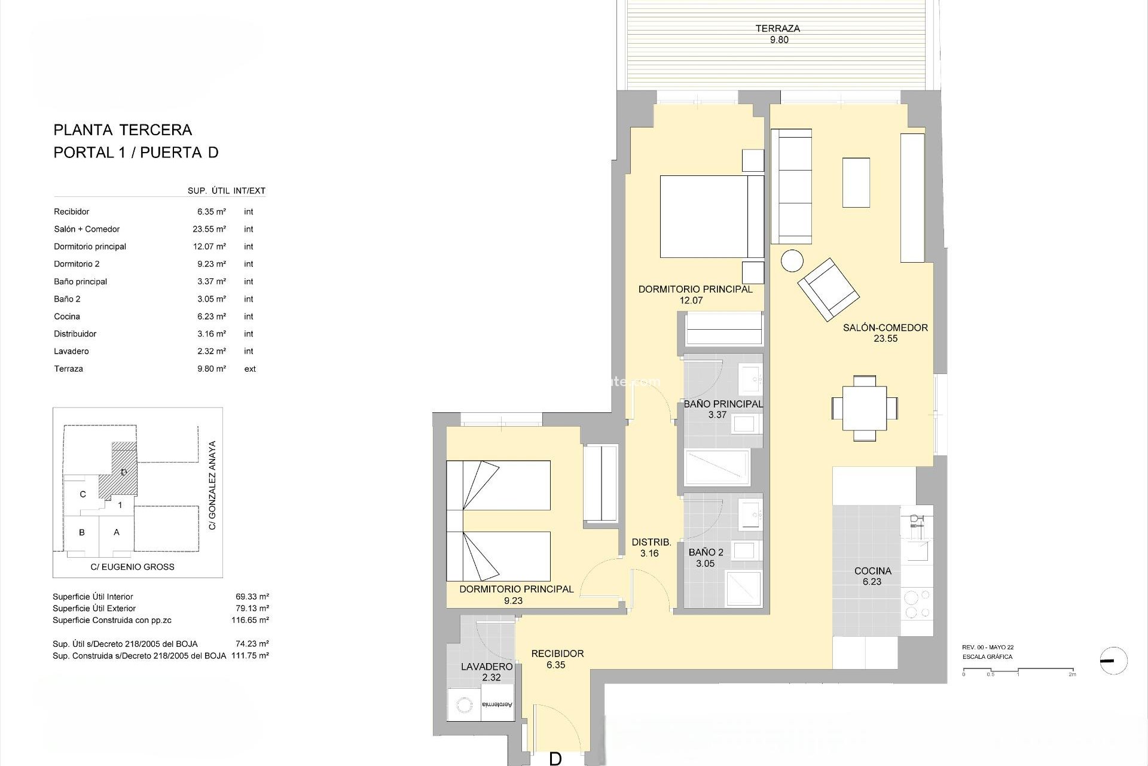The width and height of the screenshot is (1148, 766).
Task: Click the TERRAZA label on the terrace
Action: pos(777,28)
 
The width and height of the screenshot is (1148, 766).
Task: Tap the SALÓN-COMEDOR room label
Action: pos(885,327)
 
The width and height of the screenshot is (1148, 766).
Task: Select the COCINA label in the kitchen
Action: pos(872,571)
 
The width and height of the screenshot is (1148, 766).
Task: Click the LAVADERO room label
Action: pos(487,666)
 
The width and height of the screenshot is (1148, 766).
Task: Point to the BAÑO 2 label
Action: pos(706,552)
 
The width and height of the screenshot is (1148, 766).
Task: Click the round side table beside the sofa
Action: pos(792,261)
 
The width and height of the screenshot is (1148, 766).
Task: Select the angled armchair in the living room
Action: pos(828,289)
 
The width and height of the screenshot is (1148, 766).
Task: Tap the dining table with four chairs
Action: pos(864,408)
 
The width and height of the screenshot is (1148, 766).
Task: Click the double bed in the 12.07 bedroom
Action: pos(712,217)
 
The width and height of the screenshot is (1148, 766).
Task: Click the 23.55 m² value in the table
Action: pos(211,229)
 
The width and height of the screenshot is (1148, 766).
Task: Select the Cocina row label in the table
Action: pos(67,317)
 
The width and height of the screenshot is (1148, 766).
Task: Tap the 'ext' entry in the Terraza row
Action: pos(250,369)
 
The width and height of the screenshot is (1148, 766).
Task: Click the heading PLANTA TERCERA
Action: pos(123,130)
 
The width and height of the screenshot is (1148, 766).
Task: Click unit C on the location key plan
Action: pos(83,494)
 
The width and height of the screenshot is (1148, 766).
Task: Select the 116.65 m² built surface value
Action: pos(250,620)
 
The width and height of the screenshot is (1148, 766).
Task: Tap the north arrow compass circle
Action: pos(1113,661)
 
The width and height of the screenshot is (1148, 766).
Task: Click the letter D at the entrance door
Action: pos(555,759)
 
